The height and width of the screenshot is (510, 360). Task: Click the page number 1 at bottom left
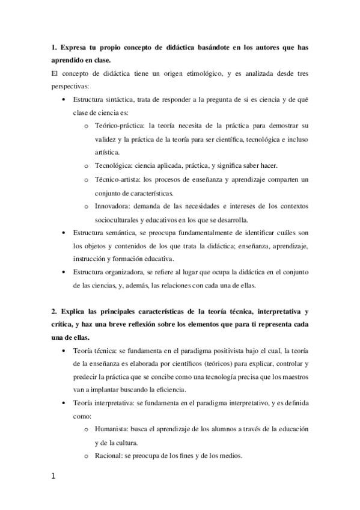(x=53, y=476)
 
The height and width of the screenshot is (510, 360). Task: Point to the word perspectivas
(x=70, y=86)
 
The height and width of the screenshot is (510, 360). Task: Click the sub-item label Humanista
(x=113, y=429)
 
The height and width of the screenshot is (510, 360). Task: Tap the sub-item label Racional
(x=109, y=455)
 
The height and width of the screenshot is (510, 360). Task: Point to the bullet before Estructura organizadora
(x=63, y=272)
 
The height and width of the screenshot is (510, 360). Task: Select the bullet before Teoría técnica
(x=63, y=351)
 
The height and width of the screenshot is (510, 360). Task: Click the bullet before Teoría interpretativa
(x=63, y=403)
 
